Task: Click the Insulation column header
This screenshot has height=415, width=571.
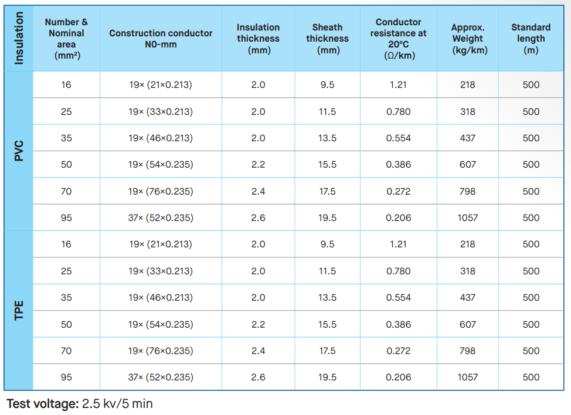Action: tap(19, 38)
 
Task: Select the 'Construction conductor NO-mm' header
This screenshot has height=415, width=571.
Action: tap(161, 39)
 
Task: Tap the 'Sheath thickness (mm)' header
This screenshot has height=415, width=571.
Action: tap(327, 39)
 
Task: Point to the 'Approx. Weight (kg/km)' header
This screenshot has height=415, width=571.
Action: tap(468, 39)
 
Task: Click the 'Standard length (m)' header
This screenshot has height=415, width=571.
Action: tap(531, 39)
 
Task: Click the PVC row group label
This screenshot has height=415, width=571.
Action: tap(19, 151)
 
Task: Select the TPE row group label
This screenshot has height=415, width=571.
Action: tap(19, 311)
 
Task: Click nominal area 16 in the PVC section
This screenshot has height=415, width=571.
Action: tap(66, 85)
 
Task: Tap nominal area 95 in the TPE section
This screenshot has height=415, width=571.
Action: tap(66, 377)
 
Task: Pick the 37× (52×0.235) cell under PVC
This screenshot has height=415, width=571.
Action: tap(161, 217)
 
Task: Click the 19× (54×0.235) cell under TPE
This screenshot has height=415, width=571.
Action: tap(161, 324)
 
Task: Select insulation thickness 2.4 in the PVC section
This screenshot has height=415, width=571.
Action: tap(258, 191)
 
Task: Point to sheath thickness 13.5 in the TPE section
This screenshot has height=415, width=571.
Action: tap(327, 297)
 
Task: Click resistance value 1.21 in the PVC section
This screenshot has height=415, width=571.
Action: tap(399, 85)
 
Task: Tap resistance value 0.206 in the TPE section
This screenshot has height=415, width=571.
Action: tap(399, 377)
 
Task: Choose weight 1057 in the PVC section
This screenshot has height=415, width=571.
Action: tap(468, 217)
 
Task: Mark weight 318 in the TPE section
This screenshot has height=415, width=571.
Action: tap(468, 271)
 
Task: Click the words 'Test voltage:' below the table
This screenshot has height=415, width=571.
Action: tap(43, 404)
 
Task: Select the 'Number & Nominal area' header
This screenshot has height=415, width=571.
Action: tap(66, 39)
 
